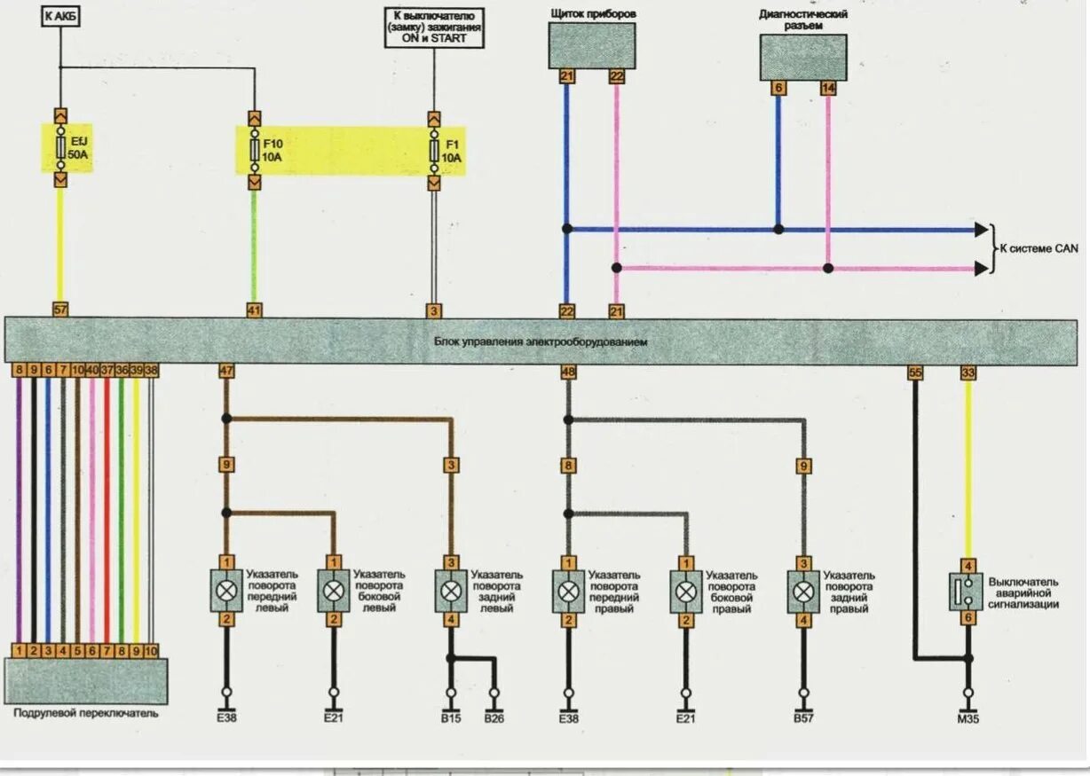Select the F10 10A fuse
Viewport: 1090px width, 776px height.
pyautogui.click(x=255, y=149)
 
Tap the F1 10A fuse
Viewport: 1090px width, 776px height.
pyautogui.click(x=434, y=149)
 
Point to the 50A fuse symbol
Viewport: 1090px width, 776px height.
pyautogui.click(x=60, y=149)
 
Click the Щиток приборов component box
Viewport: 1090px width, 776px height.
pyautogui.click(x=591, y=46)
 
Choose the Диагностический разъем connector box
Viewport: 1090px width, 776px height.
pyautogui.click(x=803, y=57)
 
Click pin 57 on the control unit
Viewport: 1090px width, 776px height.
pyautogui.click(x=60, y=310)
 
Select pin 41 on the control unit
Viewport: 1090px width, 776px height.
pyautogui.click(x=255, y=310)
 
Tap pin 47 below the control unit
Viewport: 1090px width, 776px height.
pyautogui.click(x=226, y=372)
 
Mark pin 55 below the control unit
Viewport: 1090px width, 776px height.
pyautogui.click(x=915, y=373)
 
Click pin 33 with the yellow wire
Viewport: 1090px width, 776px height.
pyautogui.click(x=968, y=373)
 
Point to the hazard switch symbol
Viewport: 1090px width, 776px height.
pyautogui.click(x=968, y=592)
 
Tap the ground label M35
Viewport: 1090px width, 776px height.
pyautogui.click(x=968, y=719)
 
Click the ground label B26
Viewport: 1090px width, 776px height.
pyautogui.click(x=494, y=718)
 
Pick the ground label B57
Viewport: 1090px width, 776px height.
pyautogui.click(x=803, y=718)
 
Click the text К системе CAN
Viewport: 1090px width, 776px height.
pyautogui.click(x=1039, y=249)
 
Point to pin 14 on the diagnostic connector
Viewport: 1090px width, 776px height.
pyautogui.click(x=828, y=88)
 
